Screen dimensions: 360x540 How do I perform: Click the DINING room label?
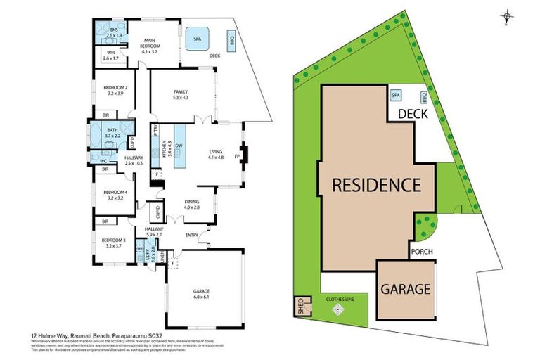pyautogui.click(x=192, y=203)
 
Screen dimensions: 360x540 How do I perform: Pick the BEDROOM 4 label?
pyautogui.click(x=115, y=195)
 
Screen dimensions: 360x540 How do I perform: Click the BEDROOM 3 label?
pyautogui.click(x=115, y=243)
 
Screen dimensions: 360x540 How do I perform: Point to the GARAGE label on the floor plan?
pyautogui.click(x=201, y=293)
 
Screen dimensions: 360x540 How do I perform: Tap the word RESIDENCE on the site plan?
pyautogui.click(x=376, y=186)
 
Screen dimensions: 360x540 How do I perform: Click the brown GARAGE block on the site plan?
pyautogui.click(x=405, y=288)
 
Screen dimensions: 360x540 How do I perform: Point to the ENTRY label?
pyautogui.click(x=192, y=236)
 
